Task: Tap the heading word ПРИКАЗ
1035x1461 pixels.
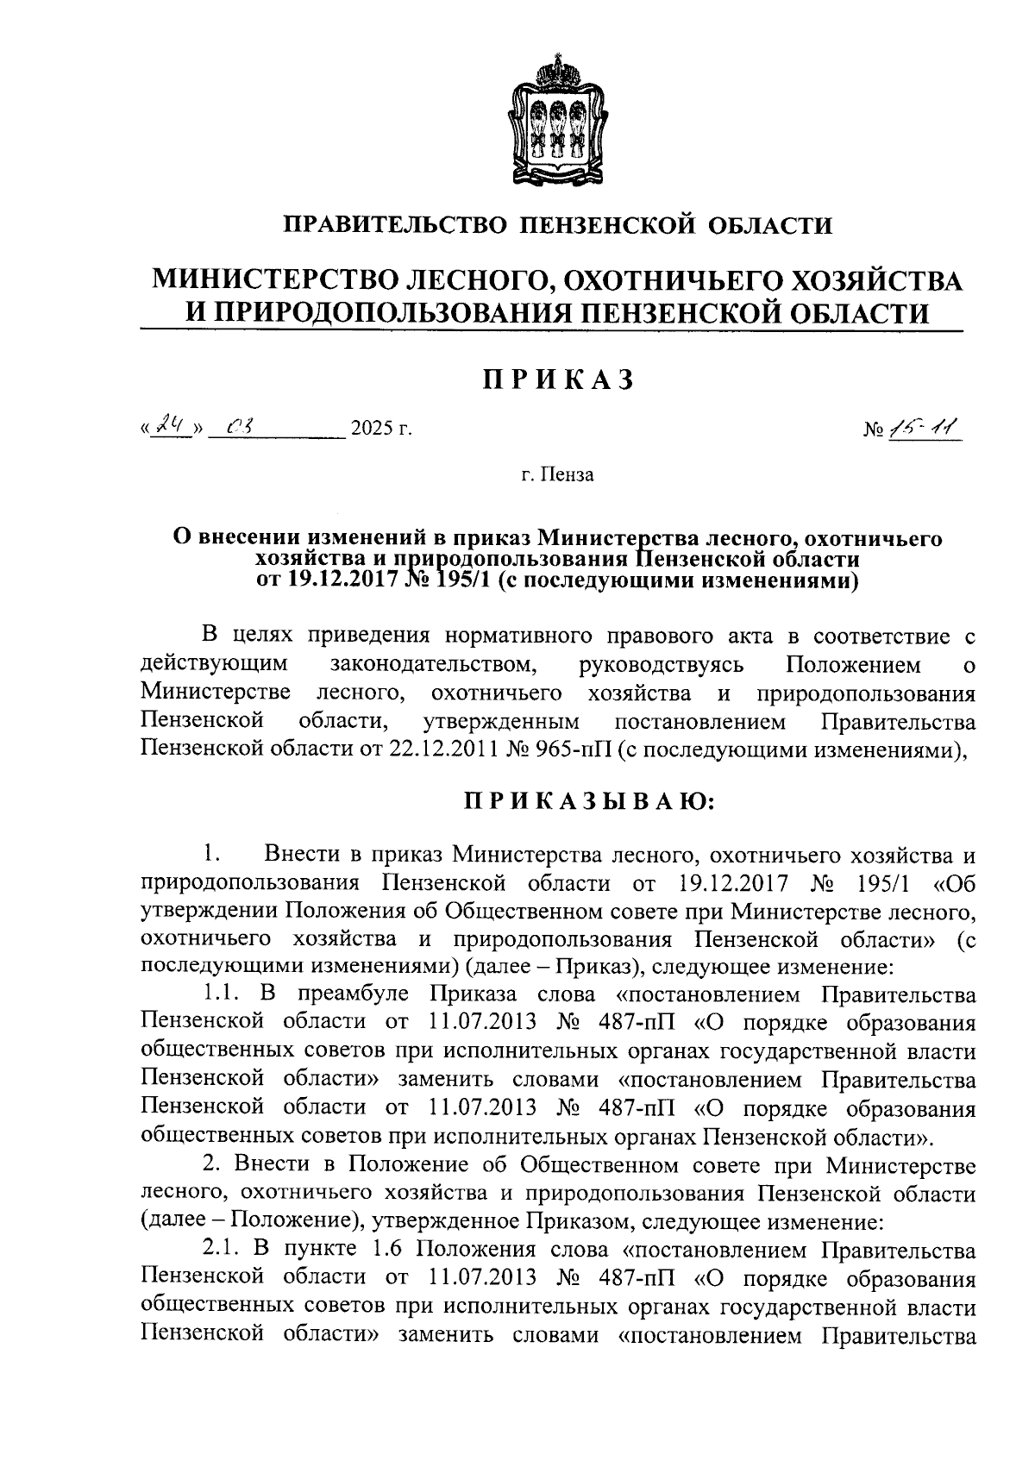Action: coord(558,379)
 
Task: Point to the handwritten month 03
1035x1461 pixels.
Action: coord(236,425)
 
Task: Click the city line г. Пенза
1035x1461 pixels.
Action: coord(558,475)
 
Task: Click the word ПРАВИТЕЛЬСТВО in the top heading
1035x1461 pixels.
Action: coord(394,226)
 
